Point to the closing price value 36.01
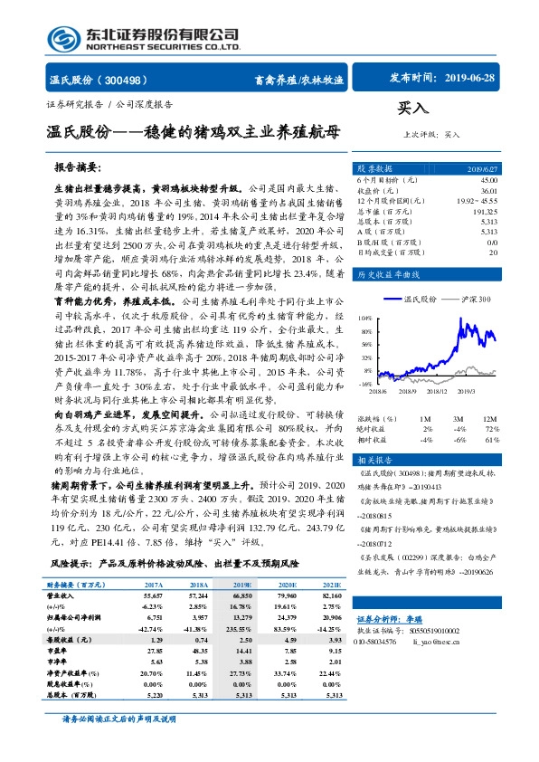(x=488, y=190)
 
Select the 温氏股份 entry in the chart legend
(x=421, y=298)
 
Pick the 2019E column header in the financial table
(x=240, y=586)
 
